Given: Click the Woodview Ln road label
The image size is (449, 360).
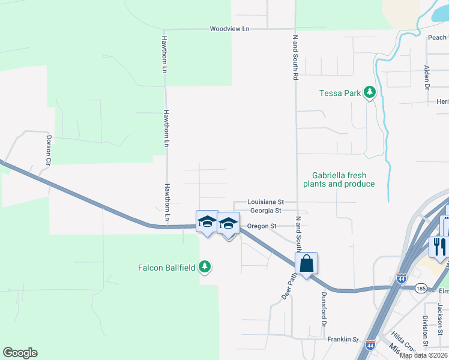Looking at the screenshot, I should tap(229, 29).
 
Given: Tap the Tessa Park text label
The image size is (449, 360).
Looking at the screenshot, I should tap(340, 93).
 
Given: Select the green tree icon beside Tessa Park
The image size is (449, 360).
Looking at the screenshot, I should tap(370, 92).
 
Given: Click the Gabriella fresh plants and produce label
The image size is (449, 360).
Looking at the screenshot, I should tap(339, 179).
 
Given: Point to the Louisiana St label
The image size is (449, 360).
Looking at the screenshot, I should tap(266, 203).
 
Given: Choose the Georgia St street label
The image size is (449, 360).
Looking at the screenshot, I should tap(265, 211).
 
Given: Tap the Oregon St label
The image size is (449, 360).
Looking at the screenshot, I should tap(261, 226).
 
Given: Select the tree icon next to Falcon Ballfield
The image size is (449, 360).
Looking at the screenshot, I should tap(205, 267).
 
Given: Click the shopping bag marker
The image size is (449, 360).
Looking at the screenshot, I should tap(306, 263).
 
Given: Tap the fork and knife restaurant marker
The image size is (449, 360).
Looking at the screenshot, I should tap(439, 245).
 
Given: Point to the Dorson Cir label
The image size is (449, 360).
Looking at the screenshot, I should tap(49, 150).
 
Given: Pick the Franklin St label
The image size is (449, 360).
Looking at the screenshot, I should tap(343, 340).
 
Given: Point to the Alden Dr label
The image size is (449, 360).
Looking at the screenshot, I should tap(427, 78).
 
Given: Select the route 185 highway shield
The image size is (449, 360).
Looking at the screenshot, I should tap(421, 288).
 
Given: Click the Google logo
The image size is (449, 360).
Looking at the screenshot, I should tap(20, 353).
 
